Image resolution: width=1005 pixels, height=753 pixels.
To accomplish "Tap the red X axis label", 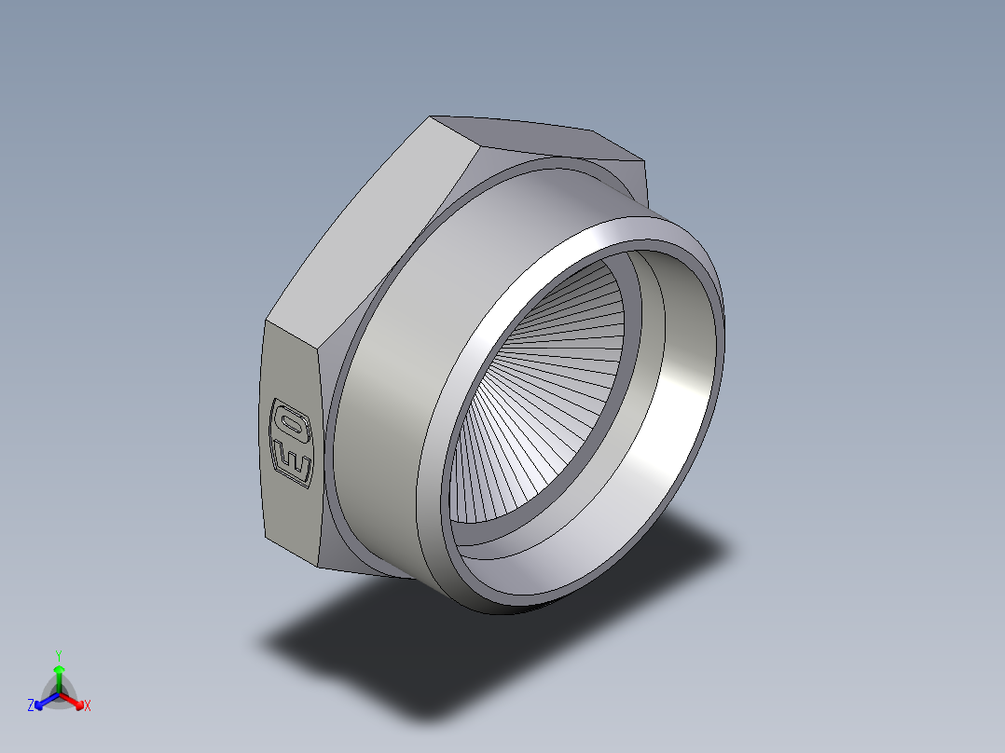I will click(87, 706).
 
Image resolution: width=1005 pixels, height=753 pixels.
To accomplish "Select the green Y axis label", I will click(58, 655).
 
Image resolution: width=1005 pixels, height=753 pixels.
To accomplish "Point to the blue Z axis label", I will click(31, 706).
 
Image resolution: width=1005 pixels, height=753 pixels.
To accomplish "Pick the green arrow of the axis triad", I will click(58, 675).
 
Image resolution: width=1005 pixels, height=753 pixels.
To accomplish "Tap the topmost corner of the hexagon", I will click(431, 117).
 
